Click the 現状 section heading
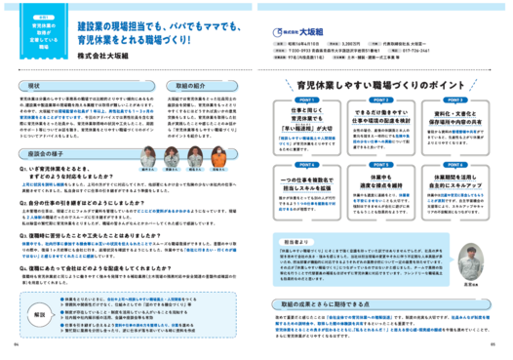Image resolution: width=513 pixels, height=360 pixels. click(x=32, y=86)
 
